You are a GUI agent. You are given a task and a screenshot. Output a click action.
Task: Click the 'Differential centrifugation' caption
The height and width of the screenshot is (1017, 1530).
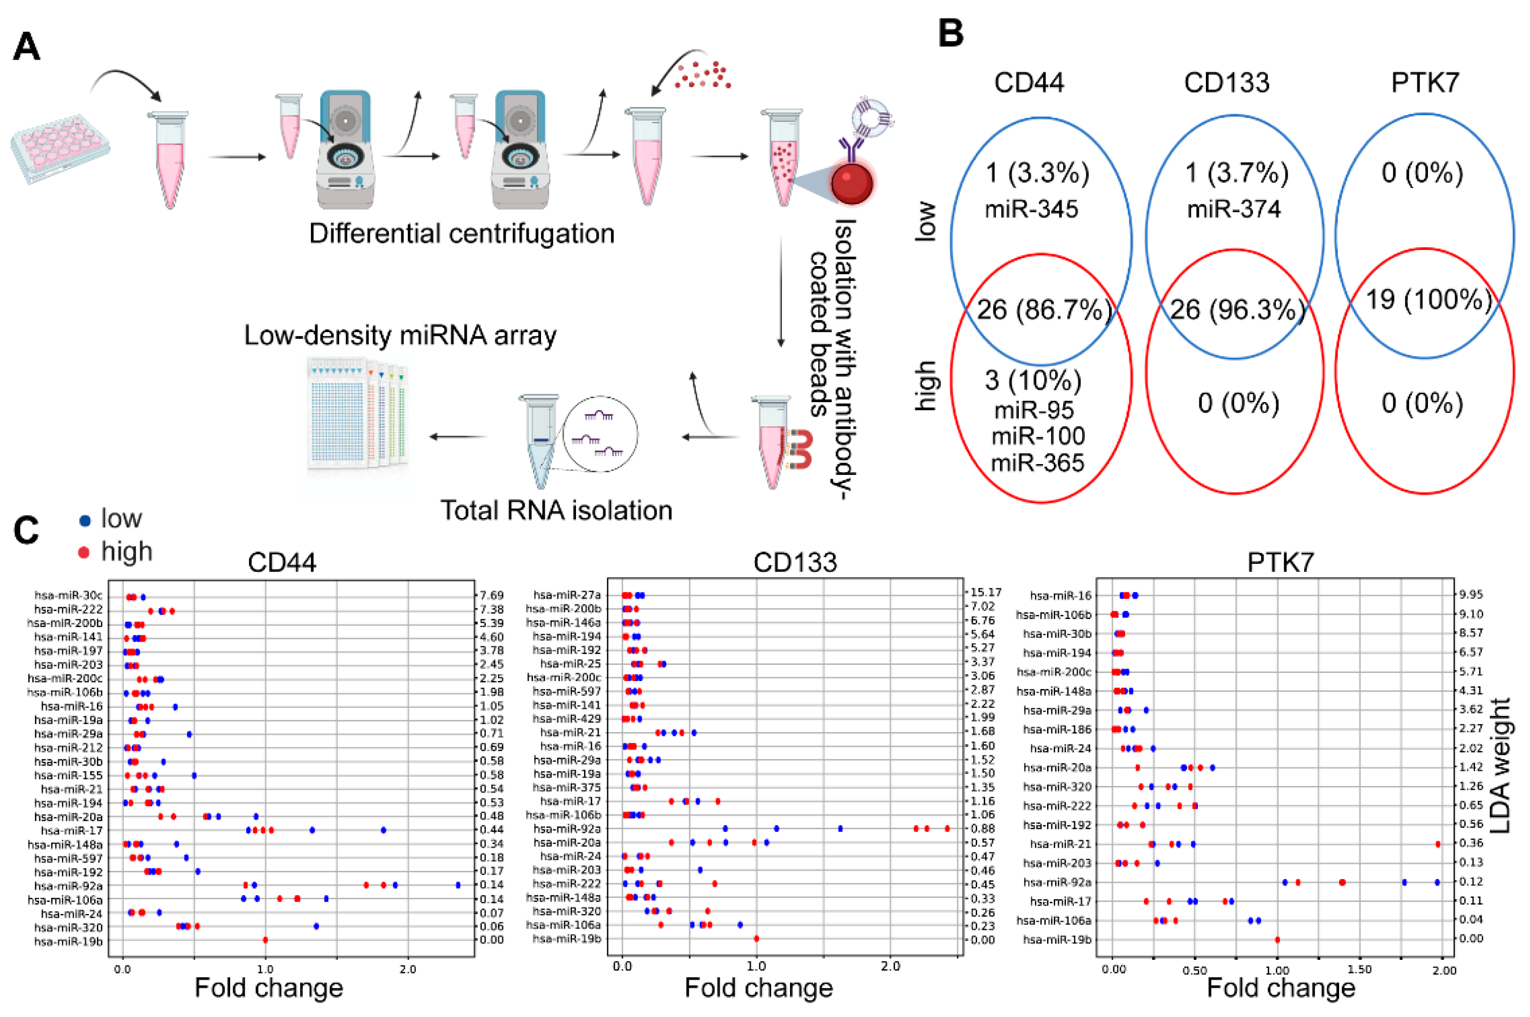461,233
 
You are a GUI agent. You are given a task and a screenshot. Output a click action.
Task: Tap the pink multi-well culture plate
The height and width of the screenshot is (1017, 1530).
60,149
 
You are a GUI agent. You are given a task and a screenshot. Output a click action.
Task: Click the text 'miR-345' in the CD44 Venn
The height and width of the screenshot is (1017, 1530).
1031,209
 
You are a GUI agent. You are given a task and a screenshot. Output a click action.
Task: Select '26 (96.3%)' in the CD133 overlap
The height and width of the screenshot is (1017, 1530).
1237,310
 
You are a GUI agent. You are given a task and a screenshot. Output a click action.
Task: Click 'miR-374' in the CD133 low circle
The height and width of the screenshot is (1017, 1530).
1233,209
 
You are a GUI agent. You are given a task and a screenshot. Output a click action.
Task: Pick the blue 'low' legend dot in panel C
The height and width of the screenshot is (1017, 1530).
84,520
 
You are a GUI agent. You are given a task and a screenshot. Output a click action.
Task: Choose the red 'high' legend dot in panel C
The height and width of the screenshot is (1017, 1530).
84,552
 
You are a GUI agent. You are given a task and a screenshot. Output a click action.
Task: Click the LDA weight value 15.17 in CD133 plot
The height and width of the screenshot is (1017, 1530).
985,592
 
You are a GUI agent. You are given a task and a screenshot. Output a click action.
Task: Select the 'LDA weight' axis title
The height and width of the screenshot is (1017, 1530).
1500,765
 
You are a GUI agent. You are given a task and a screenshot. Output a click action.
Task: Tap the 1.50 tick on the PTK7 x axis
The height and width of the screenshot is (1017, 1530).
1359,970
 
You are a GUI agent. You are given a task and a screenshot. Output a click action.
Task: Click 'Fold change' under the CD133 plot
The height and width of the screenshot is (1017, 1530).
758,988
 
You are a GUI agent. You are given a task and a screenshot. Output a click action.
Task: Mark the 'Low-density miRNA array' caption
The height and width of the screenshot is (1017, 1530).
400,336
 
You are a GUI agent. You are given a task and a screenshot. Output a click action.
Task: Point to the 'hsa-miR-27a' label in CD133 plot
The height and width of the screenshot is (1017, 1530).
567,595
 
